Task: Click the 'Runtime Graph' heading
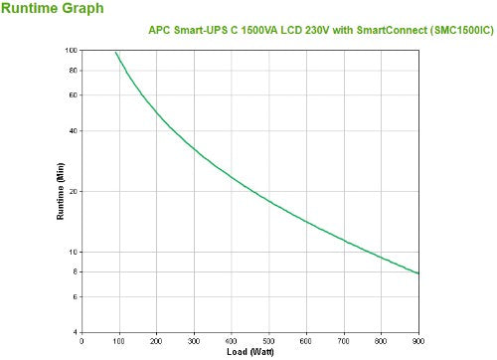click(x=50, y=10)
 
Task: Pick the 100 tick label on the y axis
click(x=71, y=50)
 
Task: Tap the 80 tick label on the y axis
click(x=73, y=70)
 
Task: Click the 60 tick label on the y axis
click(x=73, y=94)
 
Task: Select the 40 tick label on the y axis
click(x=73, y=130)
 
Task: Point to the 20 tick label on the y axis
click(x=73, y=191)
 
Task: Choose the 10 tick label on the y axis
click(x=73, y=252)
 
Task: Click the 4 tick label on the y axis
click(x=75, y=331)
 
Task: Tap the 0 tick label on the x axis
click(x=82, y=341)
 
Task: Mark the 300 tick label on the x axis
click(x=194, y=341)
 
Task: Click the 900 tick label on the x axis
click(x=418, y=341)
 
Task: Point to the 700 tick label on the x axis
click(x=344, y=341)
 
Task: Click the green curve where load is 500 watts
click(x=268, y=200)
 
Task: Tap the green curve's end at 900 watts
click(x=418, y=273)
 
